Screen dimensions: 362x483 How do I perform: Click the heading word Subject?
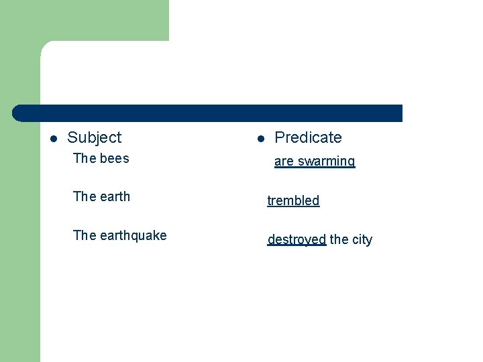coord(95,137)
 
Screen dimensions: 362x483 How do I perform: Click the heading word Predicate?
coord(308,137)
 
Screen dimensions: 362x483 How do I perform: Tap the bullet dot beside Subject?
coord(54,139)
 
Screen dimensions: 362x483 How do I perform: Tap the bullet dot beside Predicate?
coord(261,139)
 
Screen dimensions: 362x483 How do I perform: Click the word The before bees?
coord(84,159)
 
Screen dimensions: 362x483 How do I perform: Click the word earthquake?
coord(133,235)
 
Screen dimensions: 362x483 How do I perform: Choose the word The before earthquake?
coord(84,235)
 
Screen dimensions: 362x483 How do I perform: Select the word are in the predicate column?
coord(284,162)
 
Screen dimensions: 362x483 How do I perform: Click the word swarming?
coord(326,162)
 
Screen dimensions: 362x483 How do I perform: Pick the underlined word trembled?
coord(293,200)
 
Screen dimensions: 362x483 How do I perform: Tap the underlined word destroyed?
coord(297,239)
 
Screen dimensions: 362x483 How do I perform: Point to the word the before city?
coord(339,239)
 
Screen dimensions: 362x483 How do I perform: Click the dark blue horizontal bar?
coord(208,113)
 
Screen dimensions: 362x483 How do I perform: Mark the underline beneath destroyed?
coord(297,246)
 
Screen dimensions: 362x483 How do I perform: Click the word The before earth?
coord(84,196)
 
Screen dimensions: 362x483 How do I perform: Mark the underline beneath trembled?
coord(293,207)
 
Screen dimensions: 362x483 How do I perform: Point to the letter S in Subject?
coord(72,137)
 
